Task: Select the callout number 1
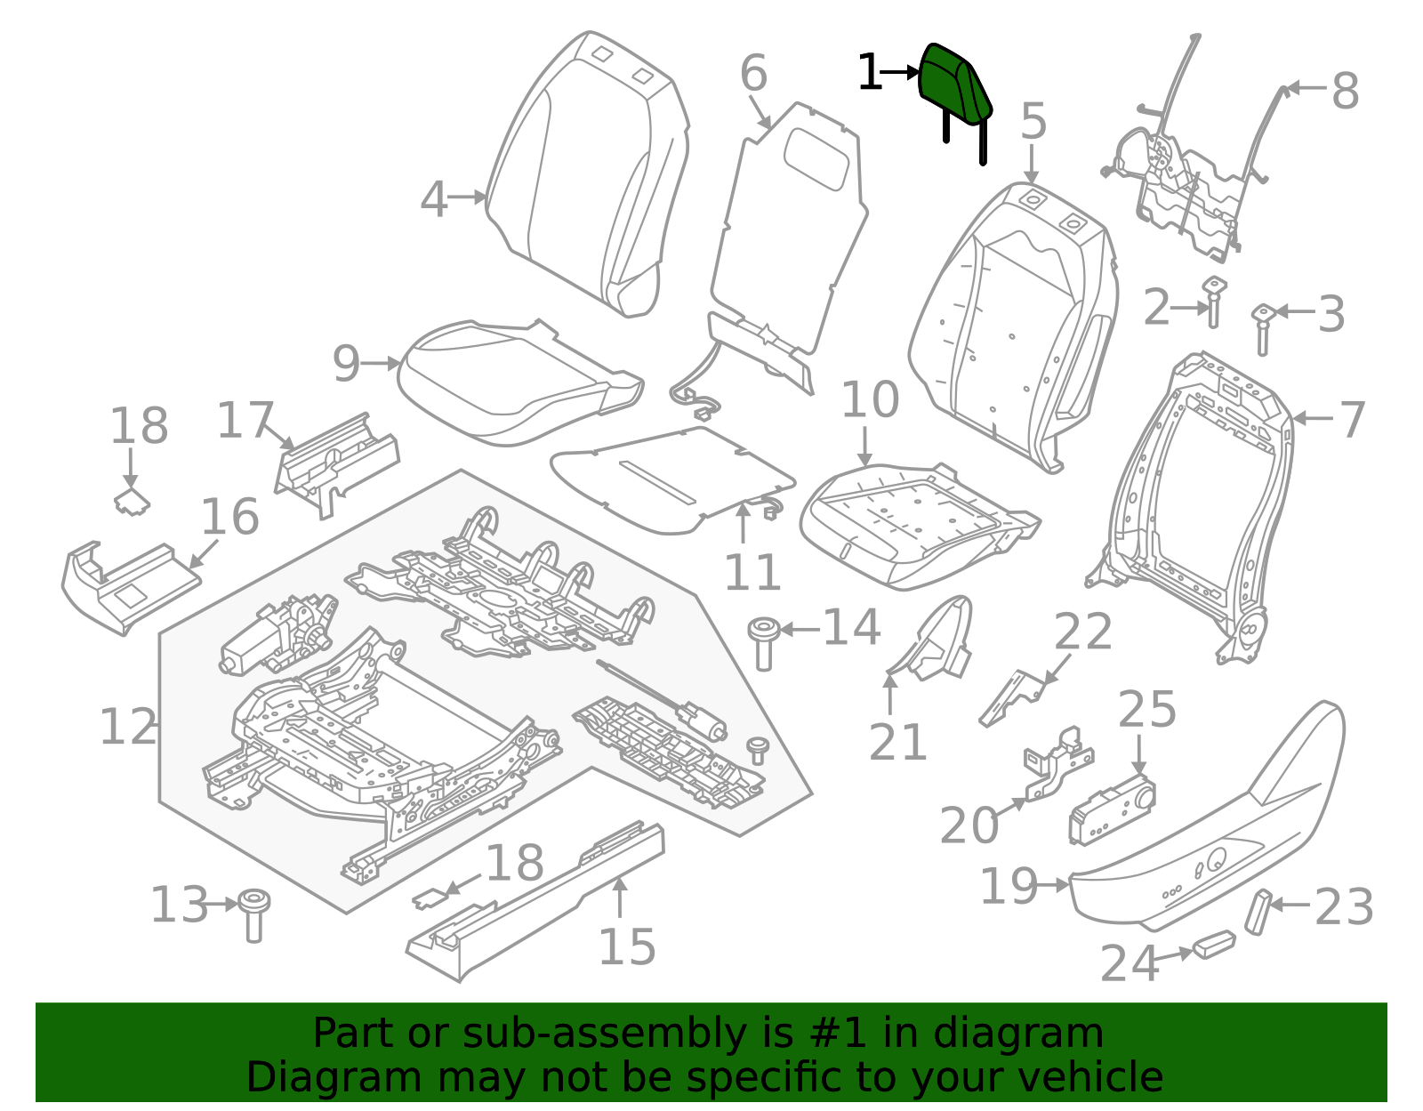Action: tap(869, 73)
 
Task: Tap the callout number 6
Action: tap(753, 73)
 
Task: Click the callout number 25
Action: tap(1146, 710)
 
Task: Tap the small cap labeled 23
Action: tap(1258, 911)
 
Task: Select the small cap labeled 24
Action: tap(1214, 944)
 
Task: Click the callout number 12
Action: tap(128, 728)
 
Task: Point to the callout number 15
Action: tap(627, 946)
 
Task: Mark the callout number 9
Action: tap(346, 364)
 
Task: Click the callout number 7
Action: tap(1352, 420)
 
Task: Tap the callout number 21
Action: tap(897, 742)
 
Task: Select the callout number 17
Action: tap(245, 420)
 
